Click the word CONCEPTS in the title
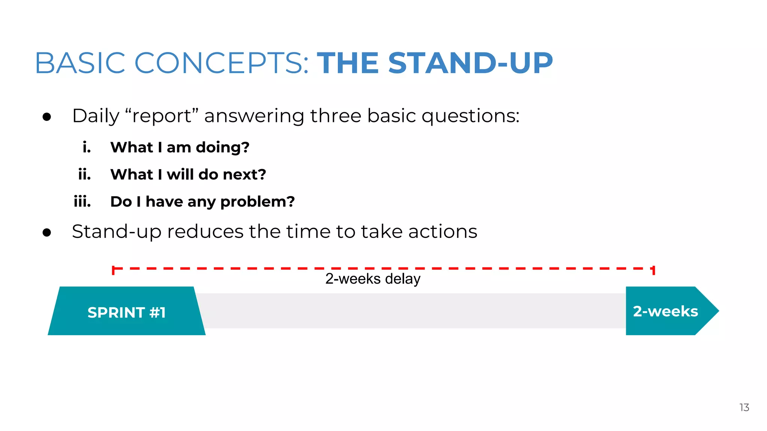point(221,63)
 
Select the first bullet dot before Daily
point(47,117)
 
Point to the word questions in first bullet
point(470,116)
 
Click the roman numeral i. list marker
point(87,147)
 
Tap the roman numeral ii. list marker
point(85,174)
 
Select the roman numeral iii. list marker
point(82,202)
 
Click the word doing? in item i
point(222,148)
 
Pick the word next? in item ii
point(244,174)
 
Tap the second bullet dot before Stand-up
point(47,233)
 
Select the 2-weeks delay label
point(373,279)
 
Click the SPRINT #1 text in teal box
point(127,312)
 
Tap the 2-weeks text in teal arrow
point(665,311)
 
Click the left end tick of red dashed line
point(113,270)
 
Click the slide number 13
point(744,407)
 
